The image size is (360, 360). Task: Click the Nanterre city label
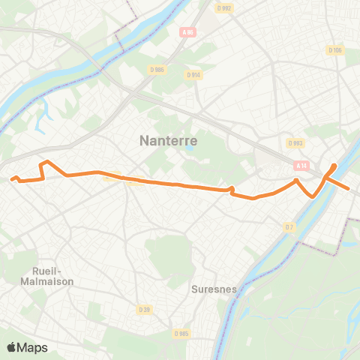coord(169,139)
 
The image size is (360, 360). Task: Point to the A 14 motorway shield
coord(301,166)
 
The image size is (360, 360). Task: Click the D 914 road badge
coord(193,74)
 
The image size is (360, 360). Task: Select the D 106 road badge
coord(334,49)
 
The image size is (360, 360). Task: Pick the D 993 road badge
coord(295,142)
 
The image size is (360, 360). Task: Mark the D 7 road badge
coord(289,226)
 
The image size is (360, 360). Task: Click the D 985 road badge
coord(181,334)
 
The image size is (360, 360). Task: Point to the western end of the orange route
coord(10,178)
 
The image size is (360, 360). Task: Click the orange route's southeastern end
coord(349,188)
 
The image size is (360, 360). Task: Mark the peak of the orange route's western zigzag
coord(47,162)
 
